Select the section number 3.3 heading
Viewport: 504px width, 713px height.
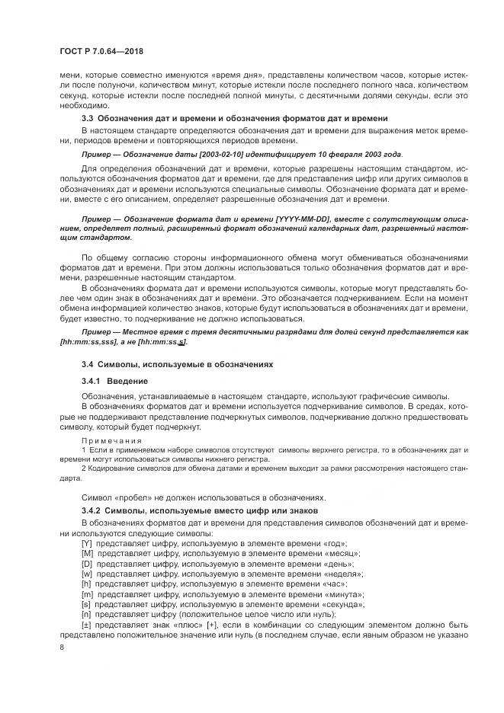[x=88, y=118]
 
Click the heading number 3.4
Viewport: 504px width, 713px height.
[x=88, y=365]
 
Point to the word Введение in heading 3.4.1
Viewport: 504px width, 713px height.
[x=127, y=380]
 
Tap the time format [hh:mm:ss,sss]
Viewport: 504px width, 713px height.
[x=90, y=343]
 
